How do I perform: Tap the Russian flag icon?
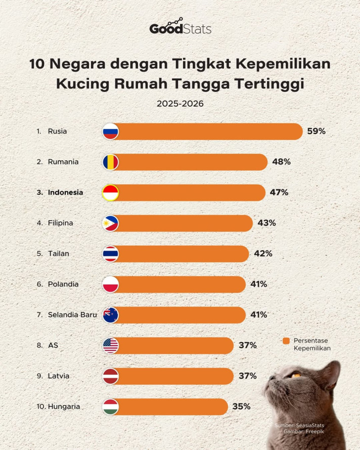click(110, 131)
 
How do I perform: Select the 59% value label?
click(316, 131)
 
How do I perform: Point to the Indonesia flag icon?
click(110, 193)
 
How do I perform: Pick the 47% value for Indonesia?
click(279, 193)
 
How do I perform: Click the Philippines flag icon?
click(110, 223)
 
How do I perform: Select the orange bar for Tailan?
click(182, 254)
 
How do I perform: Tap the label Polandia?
click(63, 284)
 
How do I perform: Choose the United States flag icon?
click(110, 345)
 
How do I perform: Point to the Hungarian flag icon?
click(110, 407)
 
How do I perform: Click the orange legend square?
click(286, 341)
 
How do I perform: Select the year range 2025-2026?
click(180, 104)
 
